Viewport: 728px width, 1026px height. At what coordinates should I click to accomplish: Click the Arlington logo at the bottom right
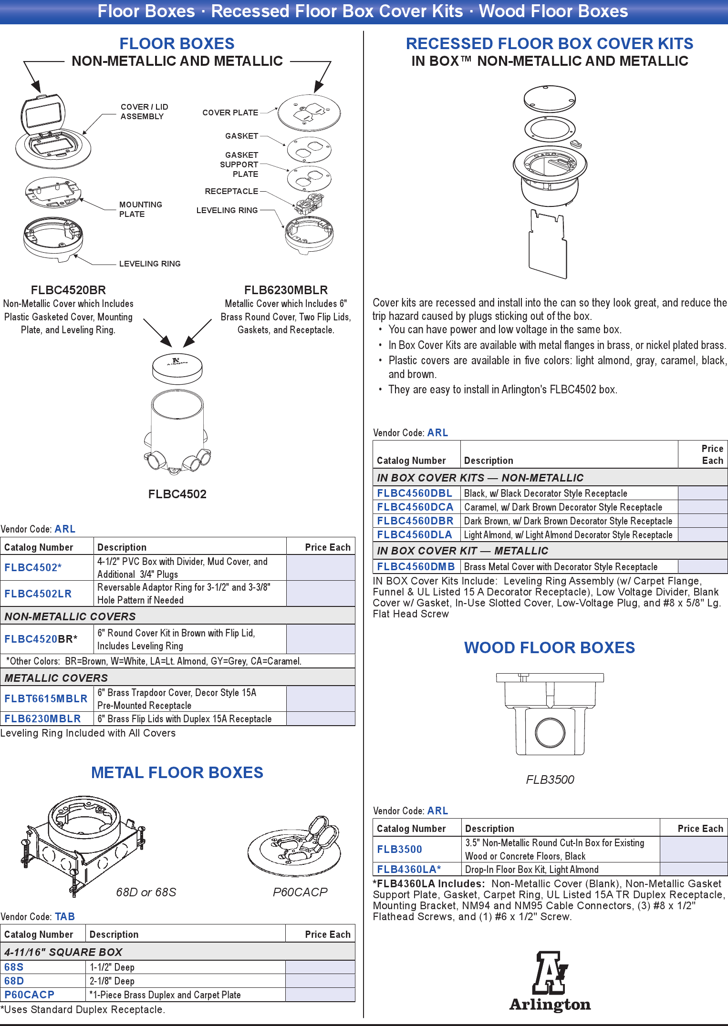click(x=550, y=981)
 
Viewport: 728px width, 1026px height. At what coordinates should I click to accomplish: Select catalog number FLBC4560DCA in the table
click(x=415, y=507)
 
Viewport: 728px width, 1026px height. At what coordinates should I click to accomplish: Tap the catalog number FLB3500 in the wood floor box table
click(x=399, y=849)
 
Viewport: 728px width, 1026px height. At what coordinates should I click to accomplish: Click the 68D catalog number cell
click(x=14, y=981)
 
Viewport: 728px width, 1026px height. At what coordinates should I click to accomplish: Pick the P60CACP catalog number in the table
click(x=29, y=995)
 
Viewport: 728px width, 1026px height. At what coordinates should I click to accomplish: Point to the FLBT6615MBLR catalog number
click(x=46, y=698)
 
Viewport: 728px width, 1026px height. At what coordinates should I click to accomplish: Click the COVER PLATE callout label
click(x=230, y=113)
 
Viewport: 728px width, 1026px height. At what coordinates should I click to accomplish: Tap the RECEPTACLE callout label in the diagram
click(x=231, y=191)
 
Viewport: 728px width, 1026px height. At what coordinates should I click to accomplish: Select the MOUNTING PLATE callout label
click(x=140, y=209)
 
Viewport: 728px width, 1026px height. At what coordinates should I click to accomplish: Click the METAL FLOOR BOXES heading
click(x=177, y=772)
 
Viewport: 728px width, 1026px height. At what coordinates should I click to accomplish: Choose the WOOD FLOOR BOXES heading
click(x=550, y=647)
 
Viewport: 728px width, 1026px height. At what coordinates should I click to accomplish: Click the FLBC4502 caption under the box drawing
click(x=177, y=494)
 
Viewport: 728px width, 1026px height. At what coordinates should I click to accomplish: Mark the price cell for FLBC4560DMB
click(x=702, y=566)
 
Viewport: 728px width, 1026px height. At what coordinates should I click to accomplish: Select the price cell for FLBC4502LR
click(x=321, y=594)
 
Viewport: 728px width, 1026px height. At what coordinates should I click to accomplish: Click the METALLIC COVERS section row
click(x=177, y=677)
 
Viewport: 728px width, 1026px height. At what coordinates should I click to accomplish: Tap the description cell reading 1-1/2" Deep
click(x=185, y=967)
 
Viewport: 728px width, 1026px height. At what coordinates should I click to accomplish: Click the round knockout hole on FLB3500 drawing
click(x=550, y=732)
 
